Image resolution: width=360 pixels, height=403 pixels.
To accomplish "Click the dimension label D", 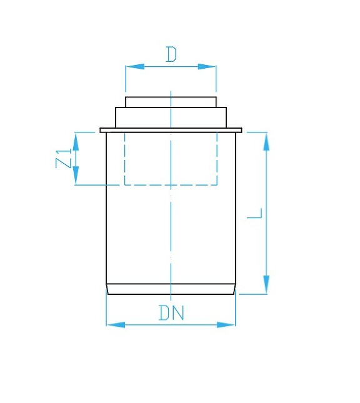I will pos(171,55).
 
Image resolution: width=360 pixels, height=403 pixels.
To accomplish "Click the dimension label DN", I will pos(171,312).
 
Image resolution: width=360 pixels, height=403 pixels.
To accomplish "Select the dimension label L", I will pos(254,213).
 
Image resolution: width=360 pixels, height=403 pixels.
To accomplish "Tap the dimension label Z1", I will pos(64,159).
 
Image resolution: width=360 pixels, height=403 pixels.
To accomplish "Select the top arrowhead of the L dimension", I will pos(267,141).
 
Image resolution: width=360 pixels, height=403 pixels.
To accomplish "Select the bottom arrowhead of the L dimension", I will pos(267,284).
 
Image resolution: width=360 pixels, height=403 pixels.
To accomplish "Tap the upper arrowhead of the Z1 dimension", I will pos(76,141).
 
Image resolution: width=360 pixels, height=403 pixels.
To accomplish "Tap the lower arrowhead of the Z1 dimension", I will pos(76,176).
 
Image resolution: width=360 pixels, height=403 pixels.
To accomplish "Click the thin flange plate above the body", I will pos(171,130).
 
